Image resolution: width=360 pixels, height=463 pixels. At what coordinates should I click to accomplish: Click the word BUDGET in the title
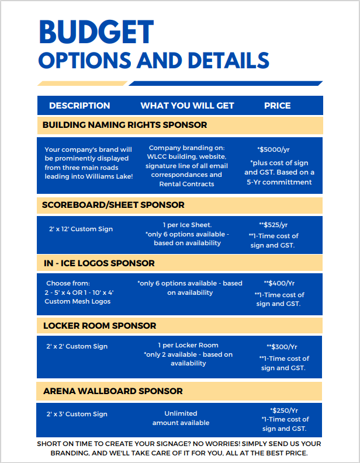point(96,33)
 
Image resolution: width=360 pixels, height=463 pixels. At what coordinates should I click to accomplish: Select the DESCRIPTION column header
point(79,106)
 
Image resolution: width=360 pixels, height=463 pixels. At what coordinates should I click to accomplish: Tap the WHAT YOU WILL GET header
point(187,106)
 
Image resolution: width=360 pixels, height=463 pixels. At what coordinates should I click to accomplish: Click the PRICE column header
point(277,106)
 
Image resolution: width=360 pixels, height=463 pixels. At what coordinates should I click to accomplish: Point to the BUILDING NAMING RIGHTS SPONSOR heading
point(124,125)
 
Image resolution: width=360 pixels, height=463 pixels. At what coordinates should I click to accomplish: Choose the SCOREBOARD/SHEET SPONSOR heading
point(113,205)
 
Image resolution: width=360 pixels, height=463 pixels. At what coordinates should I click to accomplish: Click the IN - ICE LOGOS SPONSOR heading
point(99,263)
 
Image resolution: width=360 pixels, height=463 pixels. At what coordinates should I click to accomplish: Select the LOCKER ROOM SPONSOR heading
point(99,325)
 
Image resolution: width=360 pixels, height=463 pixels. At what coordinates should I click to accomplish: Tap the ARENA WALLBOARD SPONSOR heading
point(113,391)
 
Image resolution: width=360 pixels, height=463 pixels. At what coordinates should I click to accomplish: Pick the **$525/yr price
point(274,225)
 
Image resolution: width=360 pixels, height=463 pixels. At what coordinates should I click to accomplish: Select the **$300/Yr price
point(282,347)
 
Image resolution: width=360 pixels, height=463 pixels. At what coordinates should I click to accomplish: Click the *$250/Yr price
point(284,410)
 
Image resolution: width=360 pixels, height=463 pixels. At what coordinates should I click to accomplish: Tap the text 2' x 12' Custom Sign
point(81,229)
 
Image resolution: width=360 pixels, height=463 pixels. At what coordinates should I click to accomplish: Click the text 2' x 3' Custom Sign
point(77,414)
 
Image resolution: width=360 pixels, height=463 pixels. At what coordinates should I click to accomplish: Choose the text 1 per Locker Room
point(188,345)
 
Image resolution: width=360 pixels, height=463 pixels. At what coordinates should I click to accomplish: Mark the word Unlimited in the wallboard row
point(181,413)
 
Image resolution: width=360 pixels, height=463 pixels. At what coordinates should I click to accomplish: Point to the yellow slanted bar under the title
point(82,83)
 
